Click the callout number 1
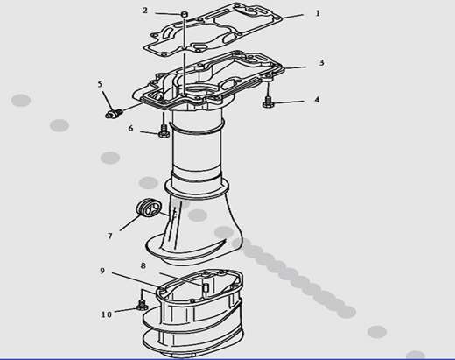coord(318,13)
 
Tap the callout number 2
coord(145,11)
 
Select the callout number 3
coord(321,62)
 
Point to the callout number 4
coord(317,100)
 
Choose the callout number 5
coord(100,84)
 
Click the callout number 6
coord(130,128)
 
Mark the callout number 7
coord(110,236)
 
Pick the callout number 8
coord(143,265)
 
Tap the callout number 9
coord(102,271)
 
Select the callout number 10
coord(107,314)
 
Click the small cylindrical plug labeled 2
coord(184,14)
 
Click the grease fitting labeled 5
coord(114,114)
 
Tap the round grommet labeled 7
coord(149,208)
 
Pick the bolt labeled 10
coord(142,305)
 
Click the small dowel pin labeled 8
coord(206,287)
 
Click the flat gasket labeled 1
coord(213,28)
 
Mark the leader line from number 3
coord(295,67)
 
